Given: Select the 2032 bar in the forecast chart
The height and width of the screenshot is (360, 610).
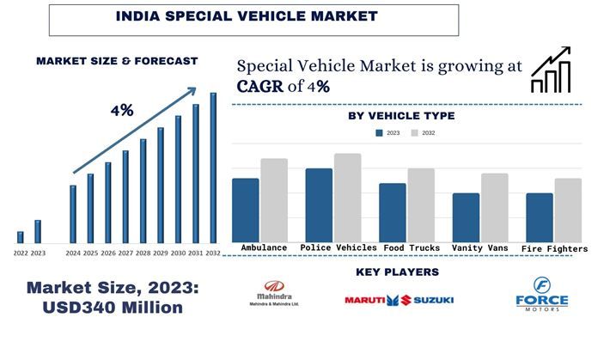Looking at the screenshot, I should (x=213, y=168).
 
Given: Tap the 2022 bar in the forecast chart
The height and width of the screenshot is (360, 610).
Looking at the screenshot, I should (x=20, y=237).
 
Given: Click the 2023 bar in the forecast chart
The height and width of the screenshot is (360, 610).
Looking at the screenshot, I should (x=38, y=231).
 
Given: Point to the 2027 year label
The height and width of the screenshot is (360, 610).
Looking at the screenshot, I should (x=125, y=253).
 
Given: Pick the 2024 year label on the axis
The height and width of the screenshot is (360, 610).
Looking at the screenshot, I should (x=73, y=253).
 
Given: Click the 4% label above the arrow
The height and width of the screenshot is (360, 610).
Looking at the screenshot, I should (x=121, y=111).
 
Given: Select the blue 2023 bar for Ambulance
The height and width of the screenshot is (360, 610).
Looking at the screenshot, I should (x=245, y=210).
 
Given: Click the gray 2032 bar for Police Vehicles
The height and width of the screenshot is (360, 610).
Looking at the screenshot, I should (x=348, y=198).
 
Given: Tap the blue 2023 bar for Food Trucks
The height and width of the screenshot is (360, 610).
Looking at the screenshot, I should (x=393, y=212).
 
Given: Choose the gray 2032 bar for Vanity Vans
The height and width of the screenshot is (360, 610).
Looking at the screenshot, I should (x=496, y=207).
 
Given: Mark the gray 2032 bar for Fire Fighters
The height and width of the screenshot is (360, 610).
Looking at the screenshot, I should (x=568, y=210).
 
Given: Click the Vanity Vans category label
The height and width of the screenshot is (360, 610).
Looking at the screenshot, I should (x=479, y=248).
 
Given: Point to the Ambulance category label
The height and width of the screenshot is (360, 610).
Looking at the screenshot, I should (x=264, y=248).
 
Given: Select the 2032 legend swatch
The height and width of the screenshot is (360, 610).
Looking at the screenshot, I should (x=414, y=133).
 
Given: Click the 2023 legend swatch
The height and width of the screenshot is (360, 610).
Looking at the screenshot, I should (x=380, y=133).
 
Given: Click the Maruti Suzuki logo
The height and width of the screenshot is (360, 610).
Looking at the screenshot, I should (x=400, y=300).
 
